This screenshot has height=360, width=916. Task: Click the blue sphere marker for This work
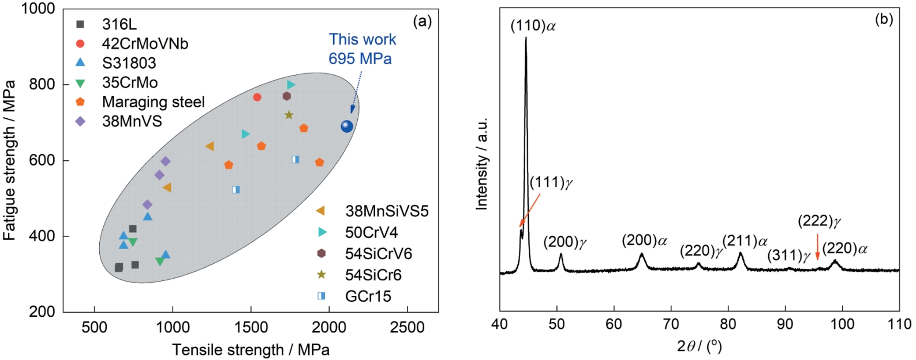click(x=346, y=126)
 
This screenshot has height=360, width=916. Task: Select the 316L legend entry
click(x=119, y=24)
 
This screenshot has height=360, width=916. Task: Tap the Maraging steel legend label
click(x=153, y=102)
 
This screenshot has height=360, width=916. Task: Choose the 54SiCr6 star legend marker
click(x=321, y=275)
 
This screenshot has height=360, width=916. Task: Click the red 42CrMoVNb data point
click(x=257, y=97)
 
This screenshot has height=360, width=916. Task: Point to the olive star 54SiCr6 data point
click(x=289, y=115)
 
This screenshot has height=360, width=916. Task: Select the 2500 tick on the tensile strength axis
click(x=407, y=327)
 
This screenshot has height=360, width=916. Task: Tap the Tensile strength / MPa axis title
click(x=251, y=350)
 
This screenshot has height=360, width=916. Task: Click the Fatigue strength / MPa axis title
click(x=10, y=160)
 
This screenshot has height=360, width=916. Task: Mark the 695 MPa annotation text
click(x=360, y=59)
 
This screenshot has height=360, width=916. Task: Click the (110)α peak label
click(x=533, y=26)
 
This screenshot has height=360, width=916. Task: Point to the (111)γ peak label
click(x=551, y=183)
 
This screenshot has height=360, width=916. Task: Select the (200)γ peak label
click(x=564, y=242)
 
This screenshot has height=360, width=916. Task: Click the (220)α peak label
click(x=844, y=249)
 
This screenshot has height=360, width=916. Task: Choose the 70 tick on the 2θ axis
click(x=671, y=324)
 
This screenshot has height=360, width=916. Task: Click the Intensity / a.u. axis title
click(x=482, y=164)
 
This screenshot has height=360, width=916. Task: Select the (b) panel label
click(x=884, y=20)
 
